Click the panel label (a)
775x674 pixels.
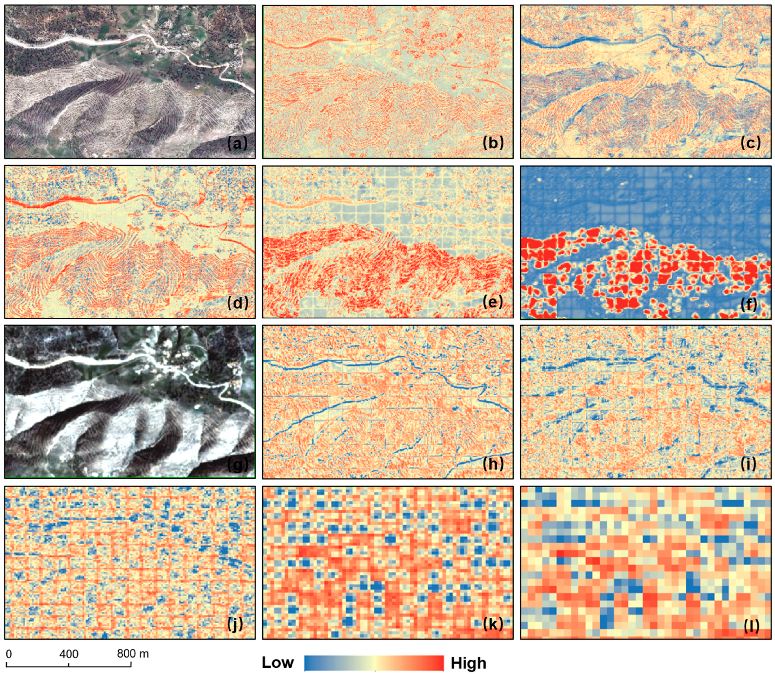[x=237, y=143]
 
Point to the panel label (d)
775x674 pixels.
[x=238, y=303]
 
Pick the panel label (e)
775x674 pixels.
[x=493, y=302]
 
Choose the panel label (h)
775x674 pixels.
[x=493, y=464]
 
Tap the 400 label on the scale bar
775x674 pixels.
[x=69, y=654]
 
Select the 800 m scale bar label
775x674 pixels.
[x=132, y=654]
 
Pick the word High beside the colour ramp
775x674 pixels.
[x=468, y=664]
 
